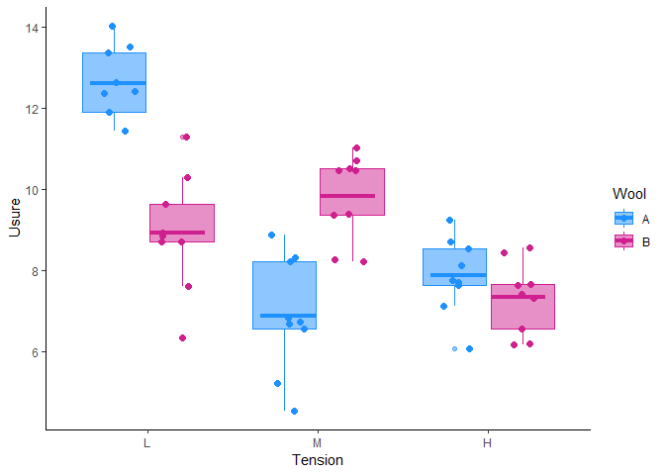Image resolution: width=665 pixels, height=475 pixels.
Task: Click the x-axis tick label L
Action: coord(147,443)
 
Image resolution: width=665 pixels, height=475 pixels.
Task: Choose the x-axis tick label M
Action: coord(317,443)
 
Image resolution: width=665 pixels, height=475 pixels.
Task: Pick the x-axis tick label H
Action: coord(487,443)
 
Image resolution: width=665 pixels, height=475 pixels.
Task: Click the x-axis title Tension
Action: coord(317,460)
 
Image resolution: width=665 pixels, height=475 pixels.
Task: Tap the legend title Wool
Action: coord(630,193)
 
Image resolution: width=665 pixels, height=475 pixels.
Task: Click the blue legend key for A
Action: coord(624,219)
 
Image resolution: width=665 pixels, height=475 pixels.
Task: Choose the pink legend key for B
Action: coord(624,240)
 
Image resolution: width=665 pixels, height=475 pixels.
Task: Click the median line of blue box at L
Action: coord(118,83)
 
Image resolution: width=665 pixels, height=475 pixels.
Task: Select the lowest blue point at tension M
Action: coord(294,411)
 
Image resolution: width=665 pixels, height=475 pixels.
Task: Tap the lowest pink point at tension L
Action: coord(182,337)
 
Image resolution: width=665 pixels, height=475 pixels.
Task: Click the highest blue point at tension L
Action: coord(112,27)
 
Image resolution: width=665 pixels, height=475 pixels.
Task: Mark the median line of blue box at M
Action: coord(284,316)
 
